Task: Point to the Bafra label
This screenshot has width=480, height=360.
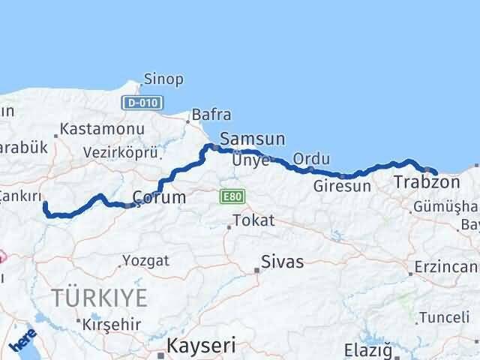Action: pyautogui.click(x=211, y=115)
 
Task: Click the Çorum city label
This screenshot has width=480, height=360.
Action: pyautogui.click(x=158, y=197)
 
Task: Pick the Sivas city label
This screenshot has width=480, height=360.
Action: pyautogui.click(x=283, y=262)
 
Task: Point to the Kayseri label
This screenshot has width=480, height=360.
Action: pyautogui.click(x=200, y=346)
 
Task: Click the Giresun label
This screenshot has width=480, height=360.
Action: pyautogui.click(x=342, y=186)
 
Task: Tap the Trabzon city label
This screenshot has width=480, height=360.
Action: pyautogui.click(x=427, y=181)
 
